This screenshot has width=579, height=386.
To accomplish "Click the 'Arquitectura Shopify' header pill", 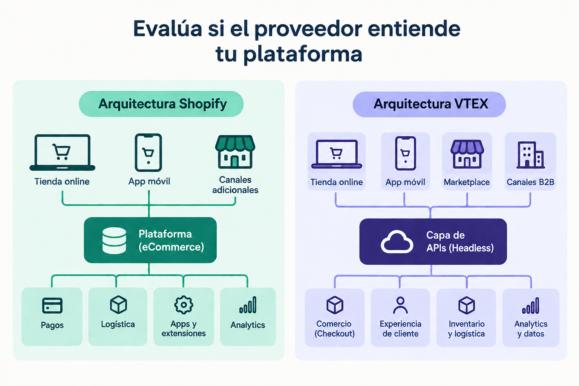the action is click(161, 104).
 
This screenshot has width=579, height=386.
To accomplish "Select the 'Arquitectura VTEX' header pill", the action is click(429, 104).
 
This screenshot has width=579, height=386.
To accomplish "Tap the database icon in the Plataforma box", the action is click(114, 240).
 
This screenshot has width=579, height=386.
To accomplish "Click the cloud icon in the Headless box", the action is click(397, 242).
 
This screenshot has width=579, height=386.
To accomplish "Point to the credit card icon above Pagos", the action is click(52, 305).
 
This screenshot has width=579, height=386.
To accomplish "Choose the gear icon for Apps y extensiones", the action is click(184, 305).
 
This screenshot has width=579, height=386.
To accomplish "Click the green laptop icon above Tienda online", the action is click(62, 152).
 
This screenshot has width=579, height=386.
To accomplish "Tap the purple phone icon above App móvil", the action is click(405, 153).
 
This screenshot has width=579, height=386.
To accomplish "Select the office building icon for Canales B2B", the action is click(530, 155).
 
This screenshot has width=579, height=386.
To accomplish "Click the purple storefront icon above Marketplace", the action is click(467, 154).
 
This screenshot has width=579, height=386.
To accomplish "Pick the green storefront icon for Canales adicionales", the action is click(235, 152).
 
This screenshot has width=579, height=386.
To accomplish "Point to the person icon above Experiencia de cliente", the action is click(400, 305).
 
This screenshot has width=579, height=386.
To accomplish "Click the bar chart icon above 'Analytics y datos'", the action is click(531, 305).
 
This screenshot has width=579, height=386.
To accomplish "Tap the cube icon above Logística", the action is click(118, 305).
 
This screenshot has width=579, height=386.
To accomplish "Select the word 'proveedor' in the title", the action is click(308, 29).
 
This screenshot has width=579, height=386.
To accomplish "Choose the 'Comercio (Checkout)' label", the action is click(334, 329).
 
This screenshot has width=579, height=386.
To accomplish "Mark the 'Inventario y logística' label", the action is click(466, 329).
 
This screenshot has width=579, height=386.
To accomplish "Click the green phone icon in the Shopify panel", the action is click(149, 153).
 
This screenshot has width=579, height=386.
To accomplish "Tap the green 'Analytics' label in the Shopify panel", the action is click(248, 325).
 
